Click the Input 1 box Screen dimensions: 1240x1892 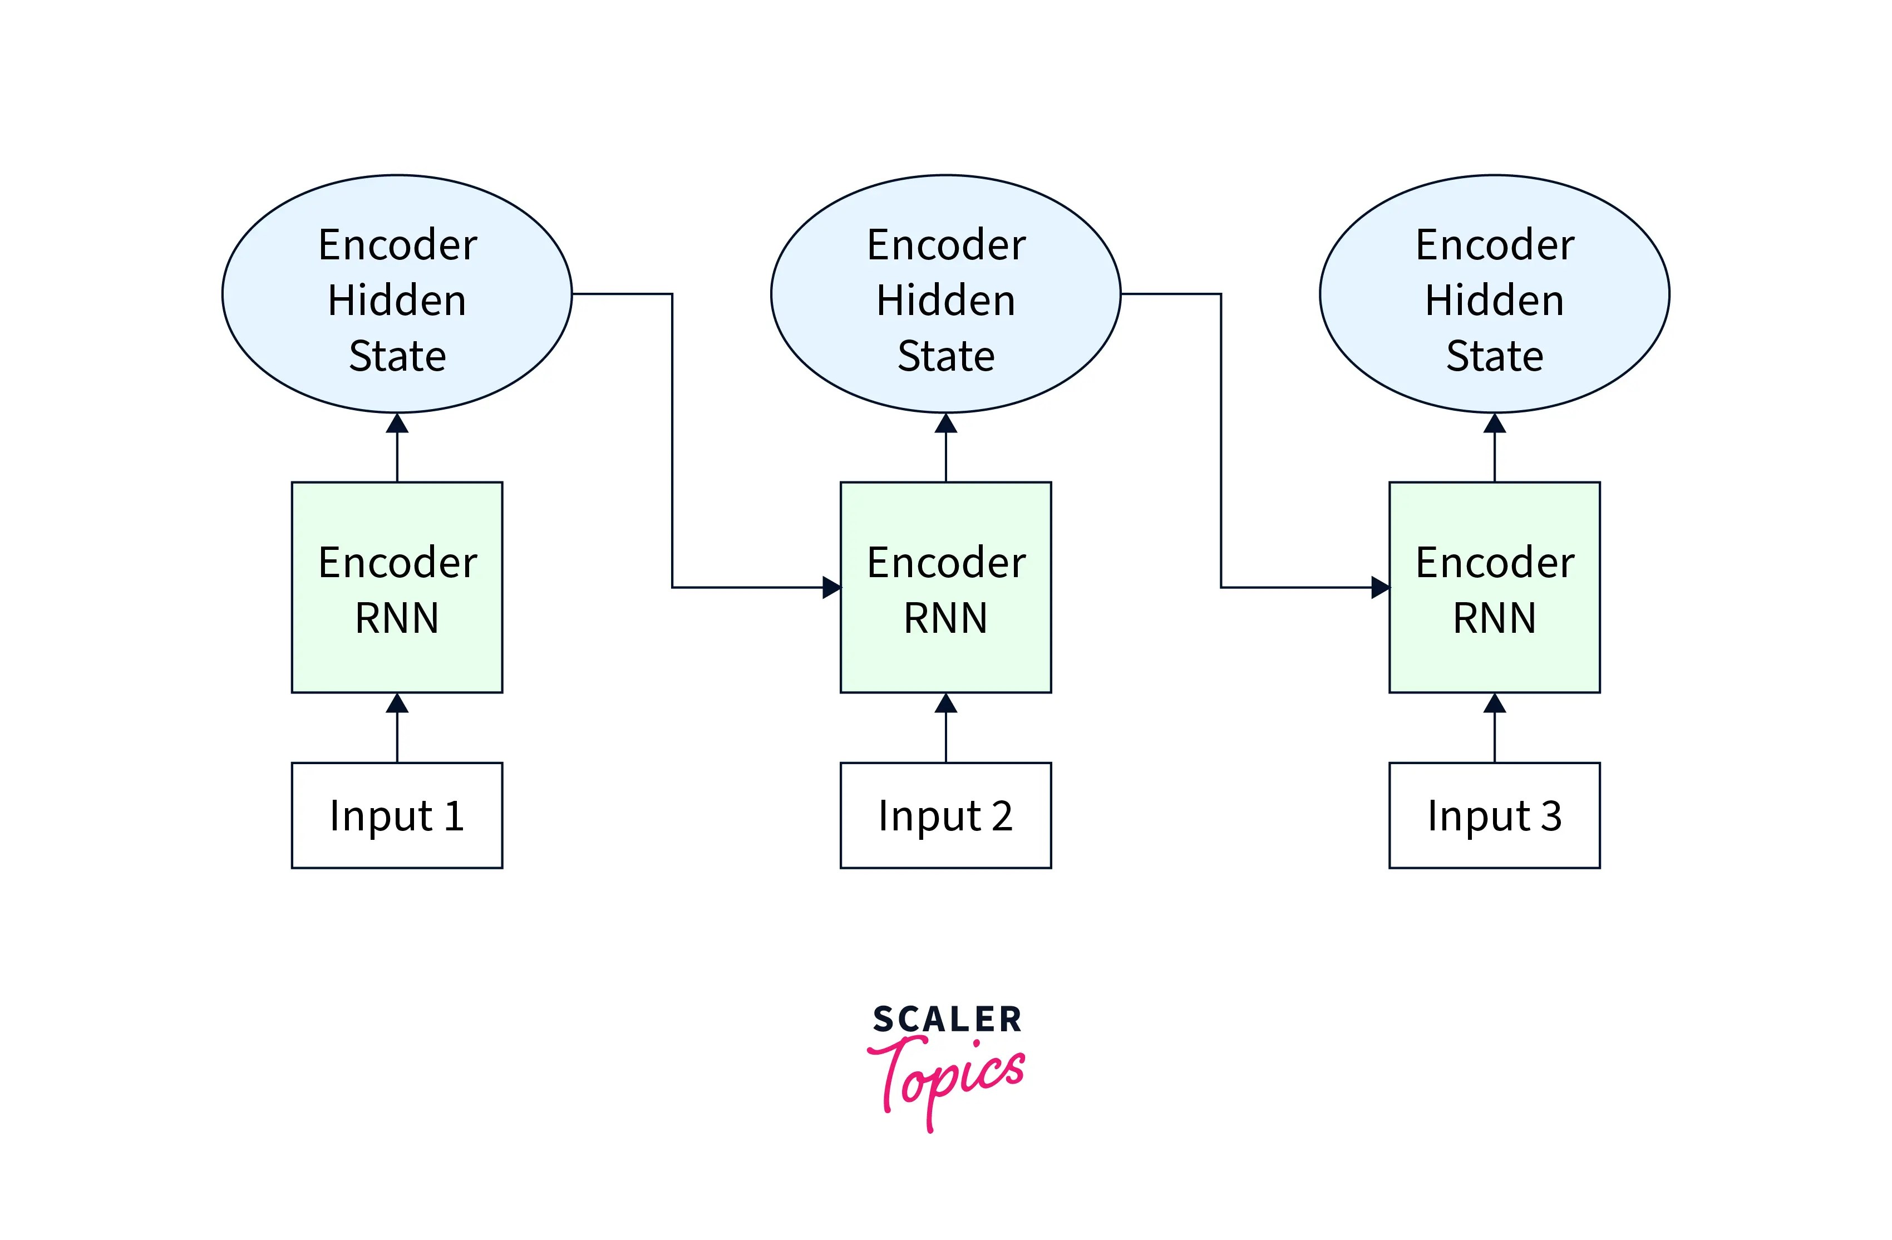click(397, 815)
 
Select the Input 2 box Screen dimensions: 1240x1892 click(945, 815)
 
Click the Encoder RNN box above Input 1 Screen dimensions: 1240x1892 click(397, 587)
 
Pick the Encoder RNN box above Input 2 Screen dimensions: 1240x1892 click(945, 587)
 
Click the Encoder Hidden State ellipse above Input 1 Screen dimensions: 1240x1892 click(397, 293)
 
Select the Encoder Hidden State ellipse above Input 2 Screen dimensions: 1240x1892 click(945, 293)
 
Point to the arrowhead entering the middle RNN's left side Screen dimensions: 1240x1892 click(831, 587)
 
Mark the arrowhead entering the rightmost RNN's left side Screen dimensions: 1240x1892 click(1380, 587)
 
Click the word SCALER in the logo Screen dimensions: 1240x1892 click(946, 1020)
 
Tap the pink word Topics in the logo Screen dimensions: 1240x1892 click(946, 1077)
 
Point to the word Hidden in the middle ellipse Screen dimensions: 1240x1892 click(945, 301)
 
